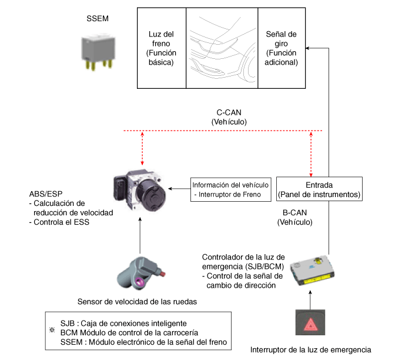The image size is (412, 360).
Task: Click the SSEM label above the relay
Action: [98, 18]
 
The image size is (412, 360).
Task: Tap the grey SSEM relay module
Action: [98, 52]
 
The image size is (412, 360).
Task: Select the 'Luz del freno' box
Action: [162, 48]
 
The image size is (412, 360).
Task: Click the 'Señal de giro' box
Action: [282, 48]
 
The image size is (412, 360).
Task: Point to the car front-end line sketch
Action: [222, 48]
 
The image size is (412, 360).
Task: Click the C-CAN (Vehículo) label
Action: [229, 117]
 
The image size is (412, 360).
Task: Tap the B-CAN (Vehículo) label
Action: [295, 217]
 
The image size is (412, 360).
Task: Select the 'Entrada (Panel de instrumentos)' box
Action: [319, 189]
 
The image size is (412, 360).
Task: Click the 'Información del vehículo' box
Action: [231, 189]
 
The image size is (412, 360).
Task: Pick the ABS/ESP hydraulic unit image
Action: [140, 190]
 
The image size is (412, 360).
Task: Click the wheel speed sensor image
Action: [140, 274]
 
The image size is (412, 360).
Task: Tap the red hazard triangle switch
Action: [310, 322]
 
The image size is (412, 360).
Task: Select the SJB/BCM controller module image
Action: [312, 270]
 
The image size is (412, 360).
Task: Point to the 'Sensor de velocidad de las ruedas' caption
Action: [137, 302]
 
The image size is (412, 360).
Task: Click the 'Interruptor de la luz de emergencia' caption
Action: [310, 350]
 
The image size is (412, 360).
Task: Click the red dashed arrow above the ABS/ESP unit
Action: [142, 148]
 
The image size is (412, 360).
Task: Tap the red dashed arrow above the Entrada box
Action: [311, 154]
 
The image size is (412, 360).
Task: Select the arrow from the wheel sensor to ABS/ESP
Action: [140, 235]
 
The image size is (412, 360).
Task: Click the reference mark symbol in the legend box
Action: [52, 330]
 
